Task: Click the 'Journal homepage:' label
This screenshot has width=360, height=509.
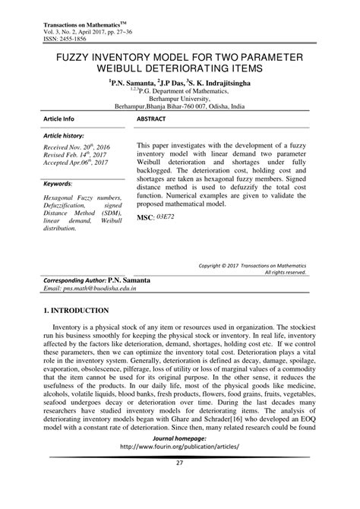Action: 179,460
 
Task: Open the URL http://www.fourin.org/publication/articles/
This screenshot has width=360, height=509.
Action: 179,469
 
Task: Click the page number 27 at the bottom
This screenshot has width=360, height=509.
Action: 179,485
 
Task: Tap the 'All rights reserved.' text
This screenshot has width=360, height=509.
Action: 285,272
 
